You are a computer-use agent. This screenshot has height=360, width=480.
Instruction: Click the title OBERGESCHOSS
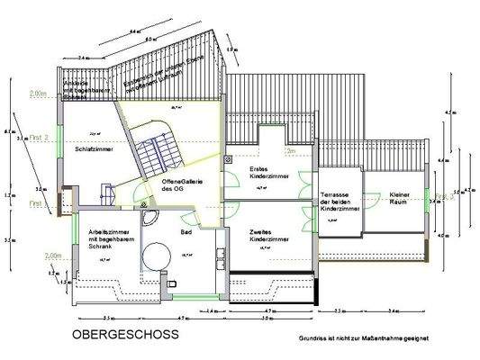click(x=124, y=335)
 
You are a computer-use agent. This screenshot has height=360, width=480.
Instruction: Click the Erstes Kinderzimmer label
click(x=268, y=173)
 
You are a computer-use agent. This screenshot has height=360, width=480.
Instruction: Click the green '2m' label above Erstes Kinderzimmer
click(x=290, y=153)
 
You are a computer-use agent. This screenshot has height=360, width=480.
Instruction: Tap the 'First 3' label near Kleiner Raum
click(x=441, y=195)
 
